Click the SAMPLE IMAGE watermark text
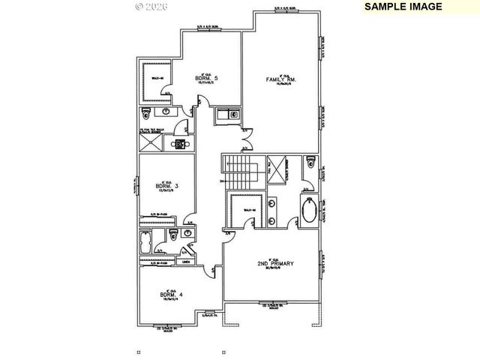pyautogui.click(x=403, y=6)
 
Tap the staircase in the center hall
pyautogui.click(x=238, y=175)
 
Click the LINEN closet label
pyautogui.click(x=187, y=262)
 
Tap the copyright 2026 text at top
pyautogui.click(x=152, y=6)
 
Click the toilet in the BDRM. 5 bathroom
pyautogui.click(x=147, y=113)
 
